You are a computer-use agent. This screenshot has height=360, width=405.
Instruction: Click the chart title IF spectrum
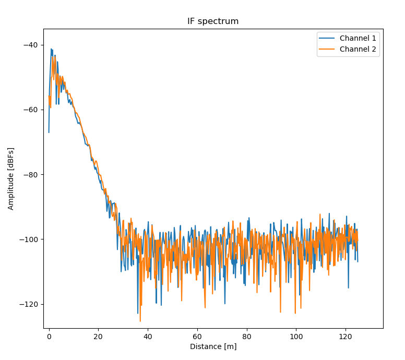pyautogui.click(x=213, y=21)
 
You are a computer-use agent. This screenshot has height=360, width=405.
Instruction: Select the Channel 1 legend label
pyautogui.click(x=358, y=38)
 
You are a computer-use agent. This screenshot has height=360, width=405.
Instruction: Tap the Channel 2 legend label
pyautogui.click(x=358, y=50)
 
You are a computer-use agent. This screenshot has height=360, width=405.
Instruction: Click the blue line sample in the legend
pyautogui.click(x=328, y=38)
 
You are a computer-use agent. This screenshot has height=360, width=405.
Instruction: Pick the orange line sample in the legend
pyautogui.click(x=328, y=50)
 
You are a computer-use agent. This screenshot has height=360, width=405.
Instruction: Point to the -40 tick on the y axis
pyautogui.click(x=31, y=45)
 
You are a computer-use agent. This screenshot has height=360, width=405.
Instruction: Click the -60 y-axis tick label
pyautogui.click(x=31, y=110)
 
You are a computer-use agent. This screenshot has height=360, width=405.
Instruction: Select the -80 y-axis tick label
pyautogui.click(x=31, y=175)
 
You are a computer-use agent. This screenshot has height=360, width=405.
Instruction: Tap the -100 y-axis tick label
pyautogui.click(x=29, y=239)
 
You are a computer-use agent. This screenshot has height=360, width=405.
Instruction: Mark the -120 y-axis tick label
pyautogui.click(x=29, y=304)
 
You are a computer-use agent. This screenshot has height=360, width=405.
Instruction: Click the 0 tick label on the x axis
pyautogui.click(x=49, y=337)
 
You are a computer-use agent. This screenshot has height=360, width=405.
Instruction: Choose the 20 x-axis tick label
pyautogui.click(x=98, y=337)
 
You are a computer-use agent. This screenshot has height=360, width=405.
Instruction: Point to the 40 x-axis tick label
pyautogui.click(x=148, y=337)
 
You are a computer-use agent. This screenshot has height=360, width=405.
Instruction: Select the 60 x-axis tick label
pyautogui.click(x=197, y=337)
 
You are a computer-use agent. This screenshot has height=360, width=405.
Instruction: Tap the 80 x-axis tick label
pyautogui.click(x=246, y=337)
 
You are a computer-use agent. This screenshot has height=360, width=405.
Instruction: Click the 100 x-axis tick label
pyautogui.click(x=296, y=337)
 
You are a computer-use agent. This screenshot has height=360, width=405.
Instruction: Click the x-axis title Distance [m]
pyautogui.click(x=213, y=346)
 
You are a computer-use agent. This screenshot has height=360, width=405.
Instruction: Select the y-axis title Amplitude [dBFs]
pyautogui.click(x=11, y=178)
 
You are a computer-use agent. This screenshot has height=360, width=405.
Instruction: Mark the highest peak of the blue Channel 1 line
pyautogui.click(x=51, y=49)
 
